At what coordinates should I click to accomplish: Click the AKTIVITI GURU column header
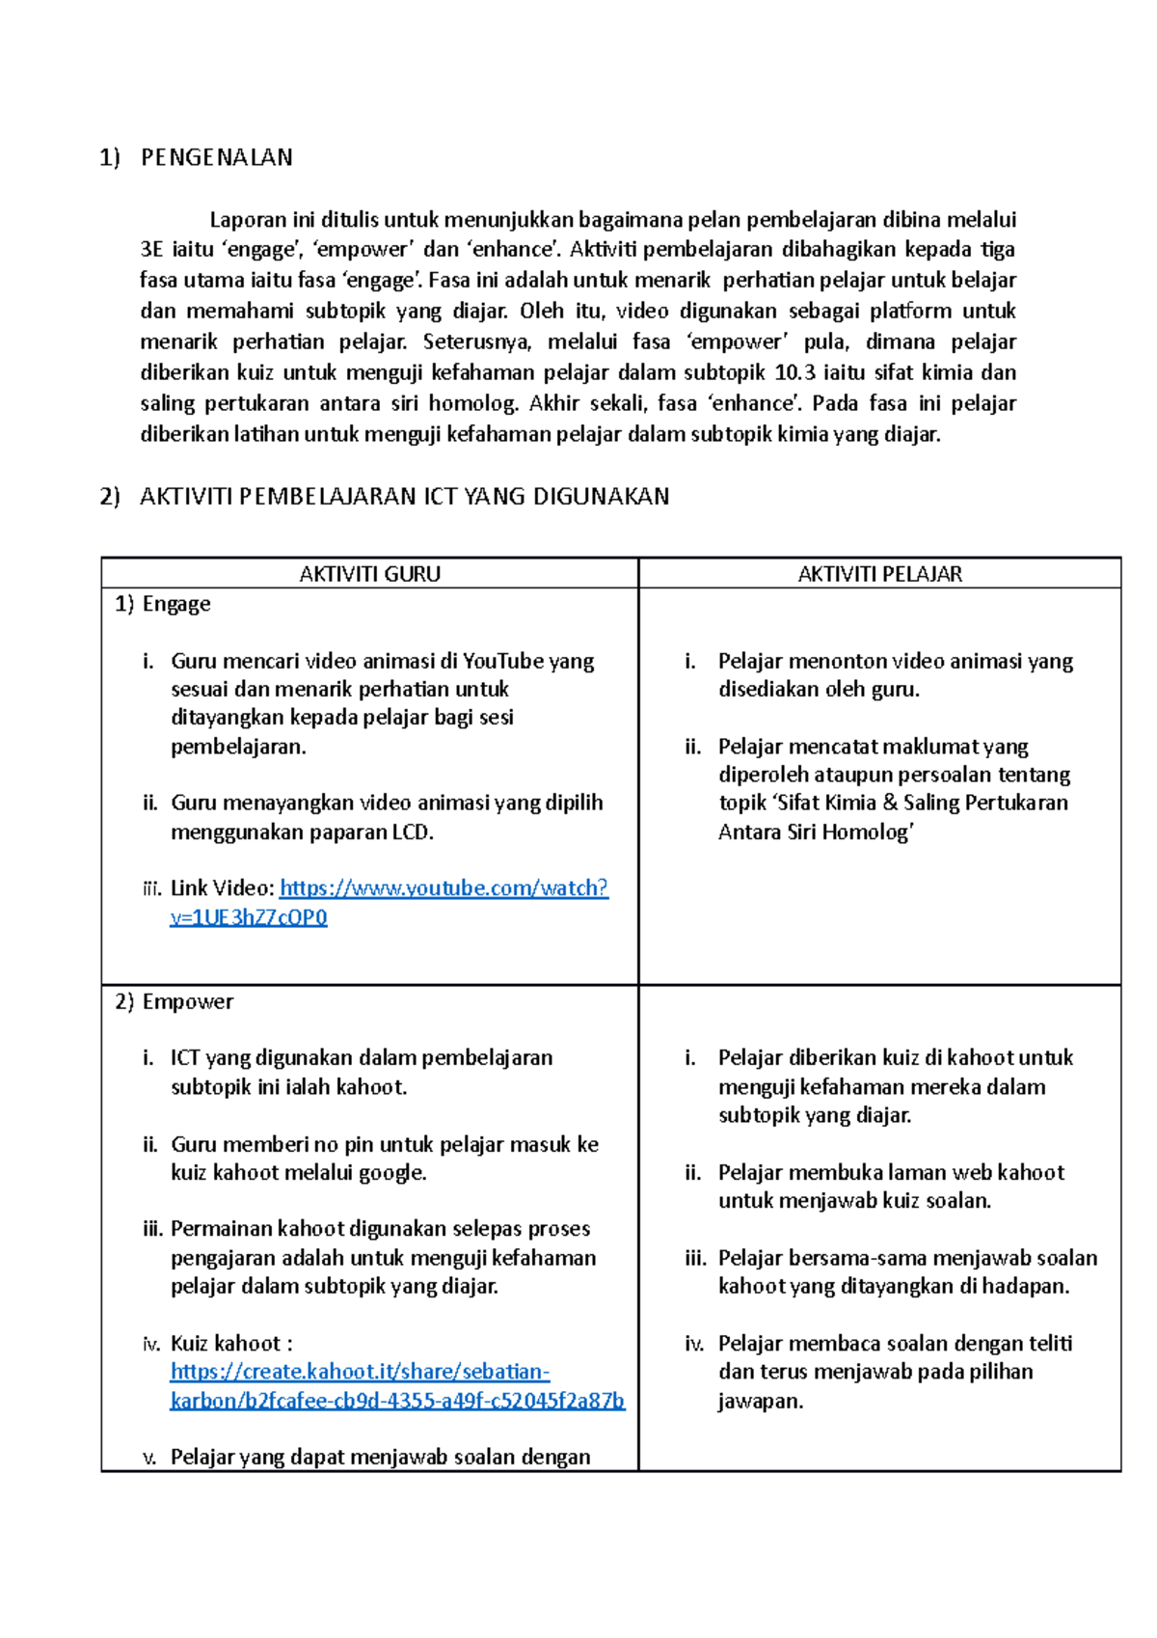tap(369, 574)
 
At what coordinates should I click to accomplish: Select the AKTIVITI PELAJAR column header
tap(879, 574)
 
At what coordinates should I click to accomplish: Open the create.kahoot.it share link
tap(360, 1372)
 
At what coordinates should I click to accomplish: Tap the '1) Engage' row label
tap(163, 604)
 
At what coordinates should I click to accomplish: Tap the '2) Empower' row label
tap(175, 1001)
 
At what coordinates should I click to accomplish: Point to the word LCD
tap(412, 833)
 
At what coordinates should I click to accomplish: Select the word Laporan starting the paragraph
tap(248, 220)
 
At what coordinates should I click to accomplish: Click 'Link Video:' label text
tap(222, 888)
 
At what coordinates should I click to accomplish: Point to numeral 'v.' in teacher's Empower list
tap(149, 1458)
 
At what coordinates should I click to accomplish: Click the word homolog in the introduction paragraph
tap(471, 404)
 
